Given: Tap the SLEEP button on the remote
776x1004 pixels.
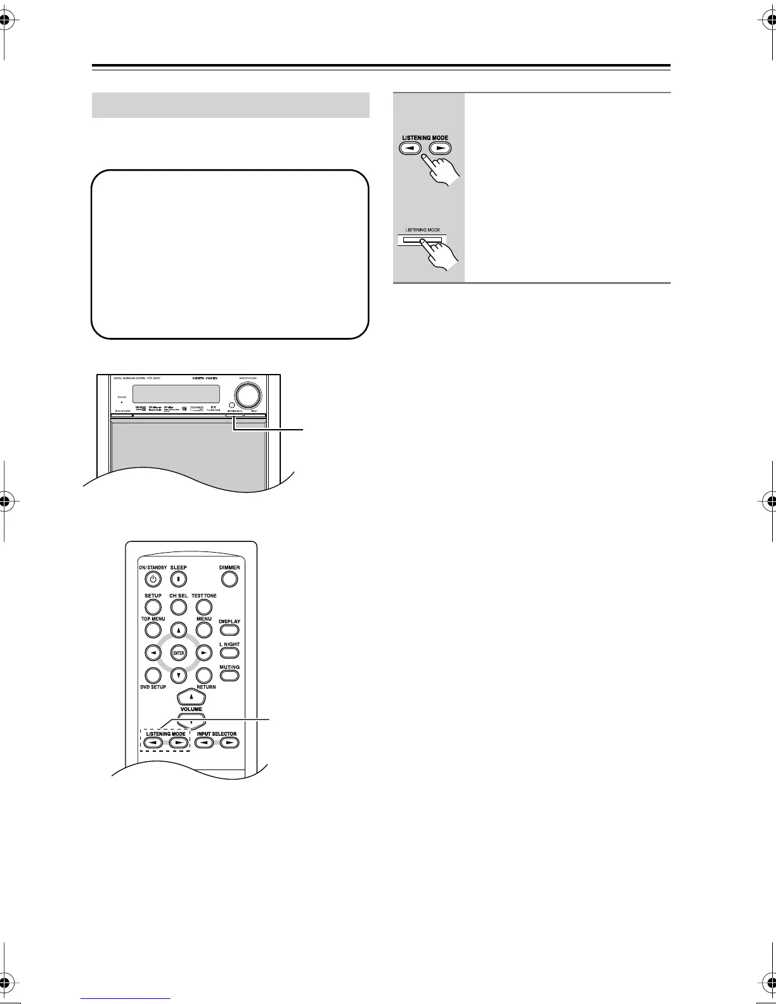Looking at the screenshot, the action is click(179, 579).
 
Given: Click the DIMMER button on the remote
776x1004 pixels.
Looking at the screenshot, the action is click(230, 579).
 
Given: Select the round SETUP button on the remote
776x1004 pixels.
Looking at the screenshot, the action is click(153, 607).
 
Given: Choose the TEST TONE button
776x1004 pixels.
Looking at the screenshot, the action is click(204, 607).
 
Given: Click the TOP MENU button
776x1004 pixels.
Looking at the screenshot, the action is click(153, 629).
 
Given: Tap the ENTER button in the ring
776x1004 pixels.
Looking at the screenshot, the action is click(179, 652).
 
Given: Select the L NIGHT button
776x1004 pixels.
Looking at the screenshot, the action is click(230, 653).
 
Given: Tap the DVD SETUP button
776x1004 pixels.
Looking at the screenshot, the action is click(153, 676).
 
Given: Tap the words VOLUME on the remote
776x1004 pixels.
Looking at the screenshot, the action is click(191, 709).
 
